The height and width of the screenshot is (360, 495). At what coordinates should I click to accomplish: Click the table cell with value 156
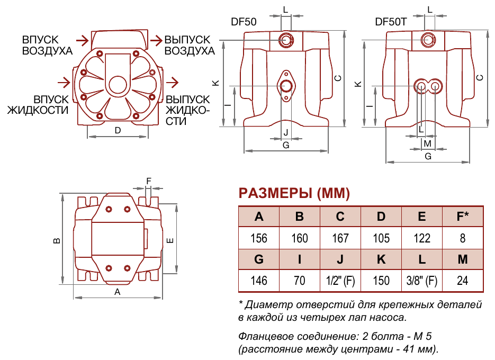(x=259, y=238)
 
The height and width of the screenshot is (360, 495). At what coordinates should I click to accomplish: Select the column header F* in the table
(x=463, y=217)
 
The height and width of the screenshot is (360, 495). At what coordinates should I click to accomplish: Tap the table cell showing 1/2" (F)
(x=340, y=281)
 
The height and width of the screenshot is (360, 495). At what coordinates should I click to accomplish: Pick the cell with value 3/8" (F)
(x=422, y=281)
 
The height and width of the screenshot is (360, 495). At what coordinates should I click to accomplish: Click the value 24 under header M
(x=463, y=281)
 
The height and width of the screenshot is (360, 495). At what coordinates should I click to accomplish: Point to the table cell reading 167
(x=340, y=238)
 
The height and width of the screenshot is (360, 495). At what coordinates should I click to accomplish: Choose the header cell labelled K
(x=381, y=260)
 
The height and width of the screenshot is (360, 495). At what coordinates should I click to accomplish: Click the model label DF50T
(x=391, y=22)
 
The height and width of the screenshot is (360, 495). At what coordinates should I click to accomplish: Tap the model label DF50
(x=244, y=22)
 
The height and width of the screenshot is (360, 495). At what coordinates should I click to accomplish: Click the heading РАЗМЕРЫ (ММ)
(x=294, y=194)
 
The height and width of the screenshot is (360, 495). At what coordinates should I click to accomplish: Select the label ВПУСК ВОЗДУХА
(x=47, y=46)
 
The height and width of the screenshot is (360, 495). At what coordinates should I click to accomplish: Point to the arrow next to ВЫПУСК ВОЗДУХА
(x=156, y=40)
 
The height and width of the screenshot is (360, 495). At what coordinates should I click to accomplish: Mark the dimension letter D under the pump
(x=118, y=130)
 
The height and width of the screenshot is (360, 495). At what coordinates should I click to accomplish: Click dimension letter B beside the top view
(x=57, y=240)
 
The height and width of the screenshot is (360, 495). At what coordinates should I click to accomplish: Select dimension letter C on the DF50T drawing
(x=480, y=77)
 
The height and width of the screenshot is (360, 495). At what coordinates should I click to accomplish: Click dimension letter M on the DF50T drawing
(x=428, y=143)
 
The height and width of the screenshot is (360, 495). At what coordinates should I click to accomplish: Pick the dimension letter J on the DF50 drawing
(x=286, y=132)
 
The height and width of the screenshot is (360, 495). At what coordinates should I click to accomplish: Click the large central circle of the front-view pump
(x=117, y=84)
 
